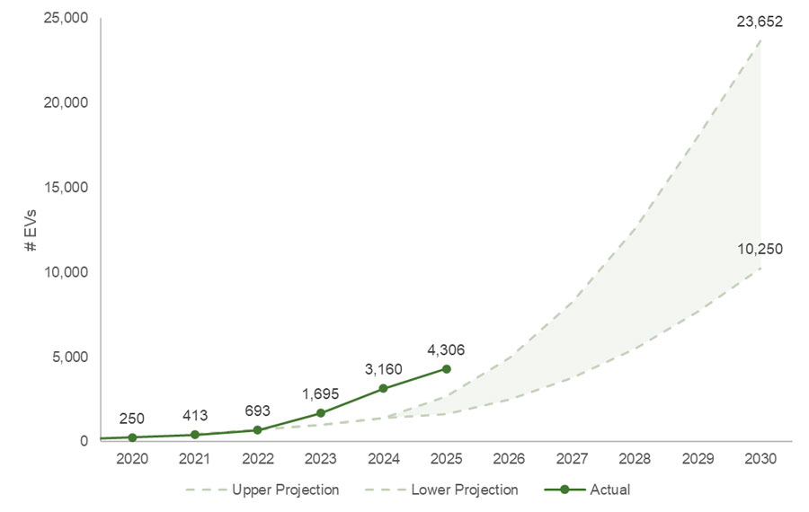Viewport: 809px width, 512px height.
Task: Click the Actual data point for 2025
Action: click(446, 369)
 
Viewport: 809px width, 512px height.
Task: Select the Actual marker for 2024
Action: click(384, 388)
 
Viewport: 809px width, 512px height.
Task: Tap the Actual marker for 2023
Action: click(321, 413)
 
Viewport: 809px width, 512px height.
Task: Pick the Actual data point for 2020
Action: click(132, 437)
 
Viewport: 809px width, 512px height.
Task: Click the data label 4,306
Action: click(446, 349)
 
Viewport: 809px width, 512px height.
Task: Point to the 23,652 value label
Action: click(759, 22)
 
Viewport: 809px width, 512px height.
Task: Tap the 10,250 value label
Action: click(759, 249)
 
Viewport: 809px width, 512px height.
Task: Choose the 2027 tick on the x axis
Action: click(573, 458)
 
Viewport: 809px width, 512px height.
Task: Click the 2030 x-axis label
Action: click(761, 458)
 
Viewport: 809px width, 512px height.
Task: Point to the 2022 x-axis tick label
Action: click(258, 458)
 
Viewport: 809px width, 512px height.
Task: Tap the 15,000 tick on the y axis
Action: click(64, 187)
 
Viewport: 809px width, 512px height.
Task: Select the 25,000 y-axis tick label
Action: click(64, 18)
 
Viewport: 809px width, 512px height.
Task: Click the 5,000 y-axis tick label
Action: click(68, 357)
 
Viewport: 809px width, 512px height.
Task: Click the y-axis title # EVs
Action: click(31, 230)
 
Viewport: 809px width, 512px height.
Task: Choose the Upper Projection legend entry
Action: click(262, 490)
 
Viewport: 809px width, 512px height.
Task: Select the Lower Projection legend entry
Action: click(443, 490)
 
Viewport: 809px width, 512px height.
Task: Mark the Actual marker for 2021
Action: click(195, 435)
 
